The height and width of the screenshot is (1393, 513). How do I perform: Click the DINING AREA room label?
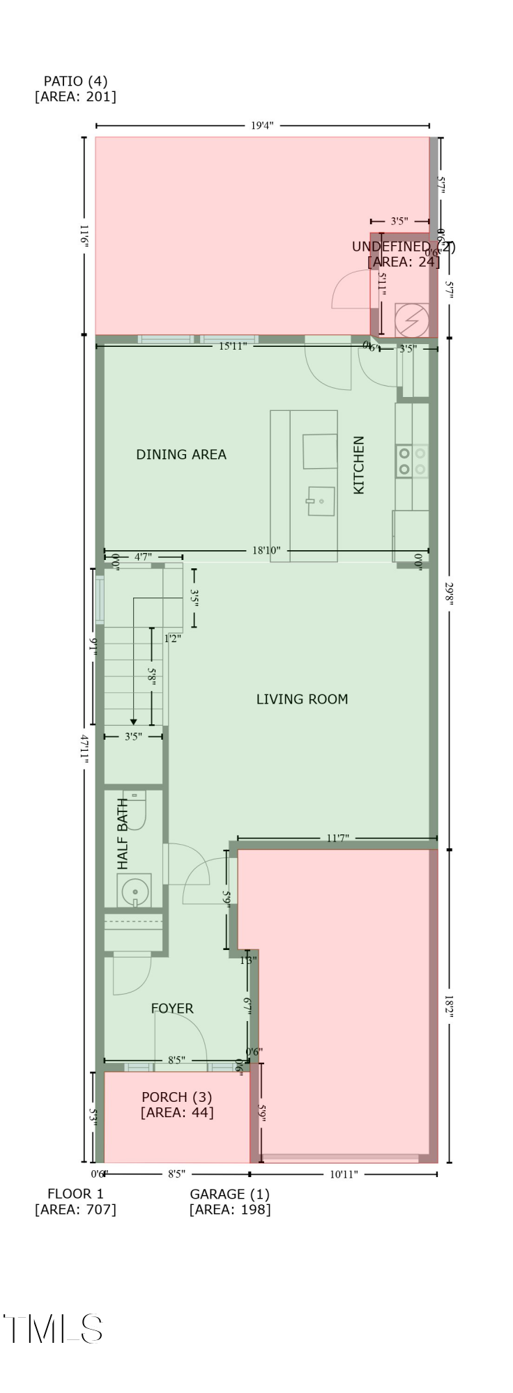pyautogui.click(x=181, y=455)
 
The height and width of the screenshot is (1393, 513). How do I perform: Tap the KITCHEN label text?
pyautogui.click(x=359, y=465)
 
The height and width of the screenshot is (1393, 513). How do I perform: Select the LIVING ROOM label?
pyautogui.click(x=302, y=699)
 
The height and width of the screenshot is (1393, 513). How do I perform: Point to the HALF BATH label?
pyautogui.click(x=123, y=834)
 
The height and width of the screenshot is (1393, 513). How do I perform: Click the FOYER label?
pyautogui.click(x=172, y=1009)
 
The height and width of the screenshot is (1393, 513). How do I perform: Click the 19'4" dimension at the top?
pyautogui.click(x=262, y=126)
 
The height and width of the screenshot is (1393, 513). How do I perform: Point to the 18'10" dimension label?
pyautogui.click(x=266, y=551)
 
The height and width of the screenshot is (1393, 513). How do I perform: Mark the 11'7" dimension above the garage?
pyautogui.click(x=337, y=839)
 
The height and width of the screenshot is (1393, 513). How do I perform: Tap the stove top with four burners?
pyautogui.click(x=412, y=461)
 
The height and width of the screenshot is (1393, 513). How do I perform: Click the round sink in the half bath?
pyautogui.click(x=135, y=891)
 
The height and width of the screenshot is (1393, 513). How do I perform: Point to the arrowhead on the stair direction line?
pyautogui.click(x=133, y=722)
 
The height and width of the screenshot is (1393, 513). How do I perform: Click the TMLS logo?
pyautogui.click(x=54, y=1329)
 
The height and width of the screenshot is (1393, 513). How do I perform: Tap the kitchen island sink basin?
pyautogui.click(x=322, y=501)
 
